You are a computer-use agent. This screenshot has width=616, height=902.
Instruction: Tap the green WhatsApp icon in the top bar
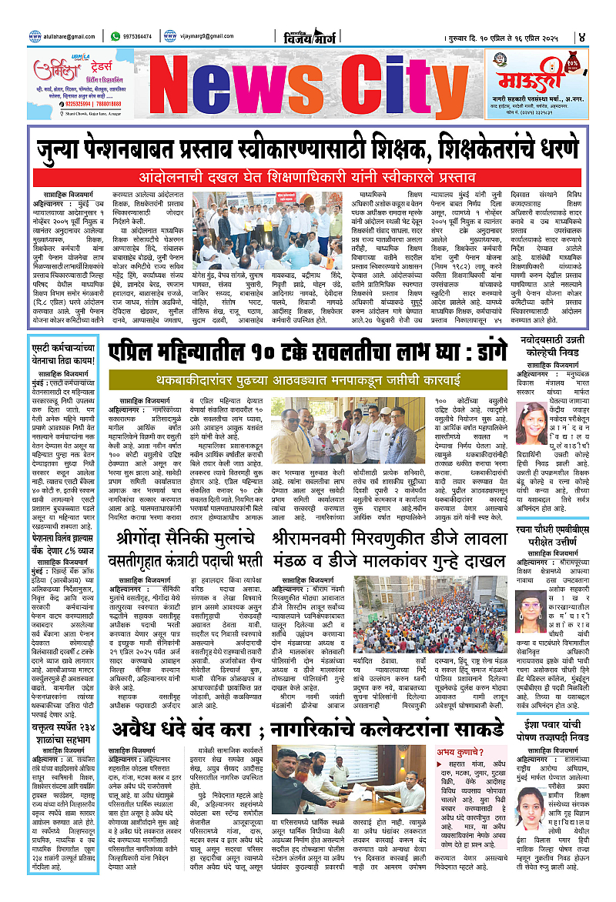[x=115, y=35]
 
